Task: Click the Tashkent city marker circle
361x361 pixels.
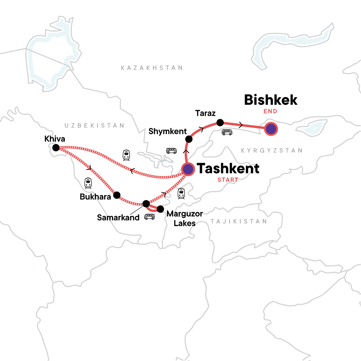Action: (x=188, y=169)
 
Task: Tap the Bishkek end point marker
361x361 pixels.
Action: (x=271, y=129)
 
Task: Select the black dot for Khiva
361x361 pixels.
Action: (x=56, y=148)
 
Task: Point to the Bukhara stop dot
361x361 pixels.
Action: (x=117, y=195)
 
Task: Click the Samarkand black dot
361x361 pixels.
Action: (x=146, y=204)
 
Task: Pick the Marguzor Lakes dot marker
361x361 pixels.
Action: (x=160, y=209)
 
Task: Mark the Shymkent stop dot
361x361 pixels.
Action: (x=189, y=139)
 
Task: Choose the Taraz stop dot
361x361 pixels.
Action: (x=220, y=122)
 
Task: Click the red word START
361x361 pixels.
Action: (x=228, y=180)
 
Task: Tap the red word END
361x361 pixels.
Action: (x=270, y=111)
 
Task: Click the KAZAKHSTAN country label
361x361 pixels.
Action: (x=152, y=68)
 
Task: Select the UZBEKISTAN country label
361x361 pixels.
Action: (x=94, y=125)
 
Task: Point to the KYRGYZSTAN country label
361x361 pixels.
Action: (x=271, y=150)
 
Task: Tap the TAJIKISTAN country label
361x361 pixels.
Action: (x=239, y=222)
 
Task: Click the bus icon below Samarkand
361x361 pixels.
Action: (x=150, y=217)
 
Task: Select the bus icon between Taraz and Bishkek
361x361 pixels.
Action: (x=227, y=132)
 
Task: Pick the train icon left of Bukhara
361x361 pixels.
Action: (x=88, y=183)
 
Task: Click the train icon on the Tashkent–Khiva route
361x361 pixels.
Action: (x=126, y=155)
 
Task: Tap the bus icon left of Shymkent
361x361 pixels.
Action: (x=171, y=151)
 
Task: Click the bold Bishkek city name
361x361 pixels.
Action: (x=271, y=100)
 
